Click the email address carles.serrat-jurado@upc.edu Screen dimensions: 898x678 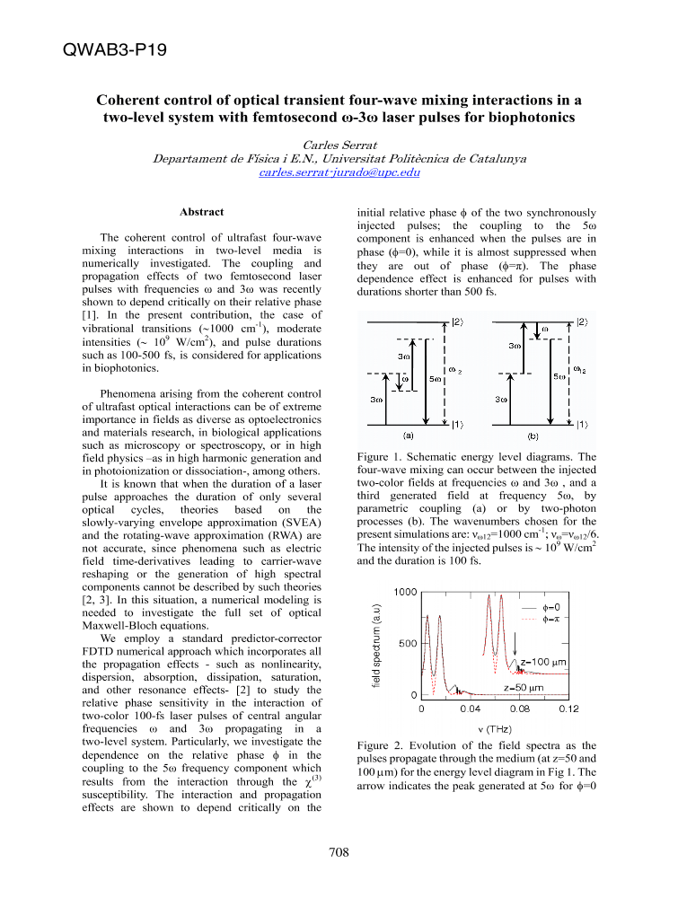pos(326,172)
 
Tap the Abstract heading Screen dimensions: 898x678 pos(202,212)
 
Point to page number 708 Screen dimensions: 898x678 pos(339,852)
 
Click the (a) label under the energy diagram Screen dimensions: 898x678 pos(409,436)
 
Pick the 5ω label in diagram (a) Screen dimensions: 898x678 pos(436,379)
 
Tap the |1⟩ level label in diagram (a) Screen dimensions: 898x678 pos(458,424)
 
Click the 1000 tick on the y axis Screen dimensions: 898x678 pos(405,592)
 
